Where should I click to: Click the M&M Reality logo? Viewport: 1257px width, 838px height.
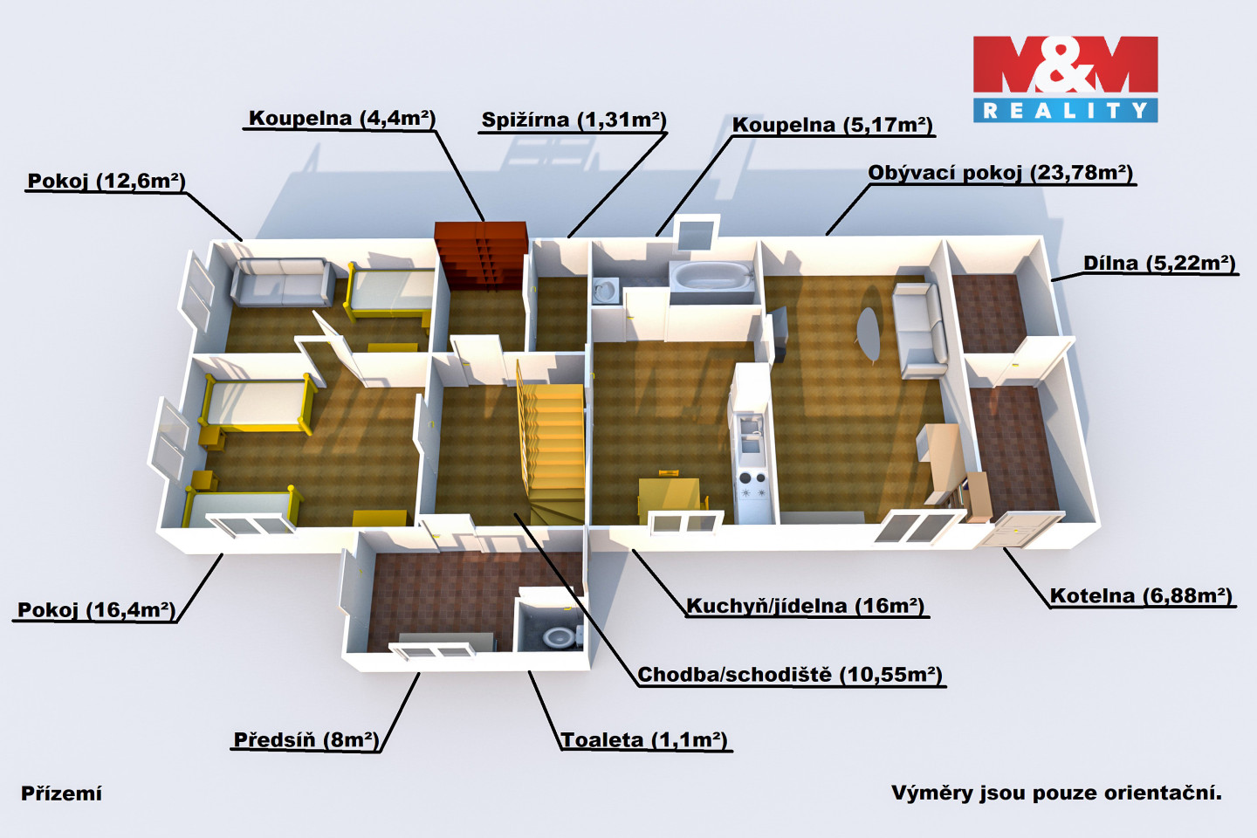coord(1065,79)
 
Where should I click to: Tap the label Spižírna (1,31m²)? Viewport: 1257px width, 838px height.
coord(574,120)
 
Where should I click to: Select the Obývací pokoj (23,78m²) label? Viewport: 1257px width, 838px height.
coord(999,173)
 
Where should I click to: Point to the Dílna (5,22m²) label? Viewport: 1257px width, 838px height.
coord(1159,264)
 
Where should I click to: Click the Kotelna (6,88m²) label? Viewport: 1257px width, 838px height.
coord(1140,596)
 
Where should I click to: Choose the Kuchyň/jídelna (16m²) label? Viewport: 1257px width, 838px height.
coord(805,607)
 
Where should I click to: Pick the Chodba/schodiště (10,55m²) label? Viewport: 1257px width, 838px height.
coord(790,675)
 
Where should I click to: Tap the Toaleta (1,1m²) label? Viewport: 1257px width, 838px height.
coord(644,740)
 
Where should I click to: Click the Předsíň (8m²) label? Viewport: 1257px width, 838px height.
coord(306,740)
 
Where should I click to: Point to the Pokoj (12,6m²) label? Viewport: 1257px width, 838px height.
coord(106,182)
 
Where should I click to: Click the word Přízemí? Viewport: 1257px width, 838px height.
coord(61,793)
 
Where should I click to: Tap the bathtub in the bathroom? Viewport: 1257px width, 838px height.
coord(711,278)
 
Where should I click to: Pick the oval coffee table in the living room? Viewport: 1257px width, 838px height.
coord(869,332)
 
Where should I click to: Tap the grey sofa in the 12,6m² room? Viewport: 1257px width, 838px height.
coord(281,281)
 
